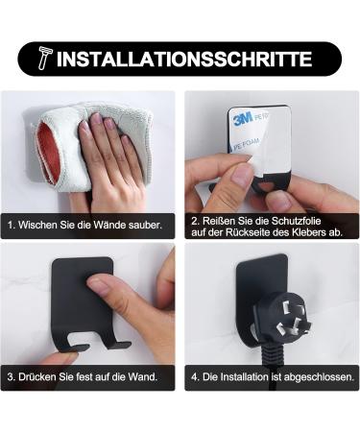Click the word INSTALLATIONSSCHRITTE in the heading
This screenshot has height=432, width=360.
pos(184,59)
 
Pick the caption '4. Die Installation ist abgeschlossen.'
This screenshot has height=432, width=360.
pos(272,377)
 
